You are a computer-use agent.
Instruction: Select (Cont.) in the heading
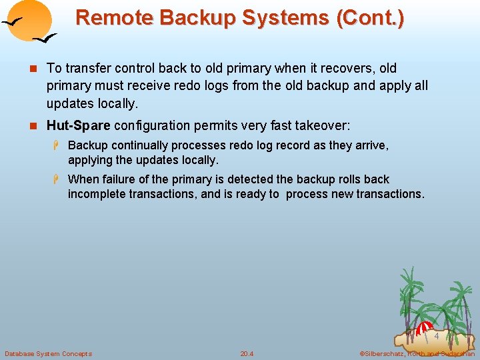[370, 17]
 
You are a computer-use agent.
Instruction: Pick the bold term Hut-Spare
[78, 125]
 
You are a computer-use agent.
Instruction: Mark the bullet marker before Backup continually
[57, 145]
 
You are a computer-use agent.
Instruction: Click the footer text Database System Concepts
[48, 353]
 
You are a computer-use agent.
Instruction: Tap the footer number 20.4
[247, 353]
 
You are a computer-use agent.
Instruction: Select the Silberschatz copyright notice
[416, 353]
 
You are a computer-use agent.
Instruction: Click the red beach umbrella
[424, 329]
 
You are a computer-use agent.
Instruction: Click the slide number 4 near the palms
[437, 336]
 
